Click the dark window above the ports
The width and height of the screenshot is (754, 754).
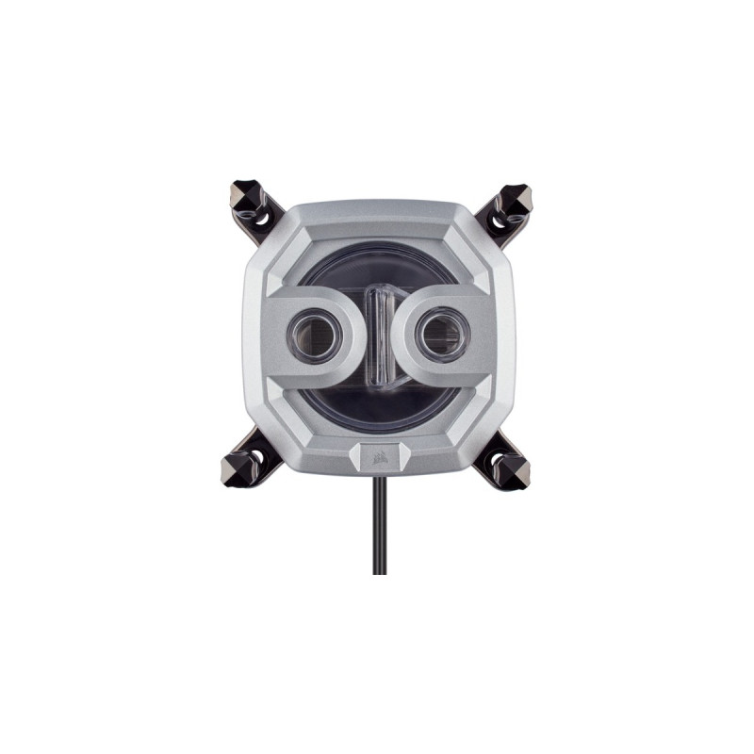pos(376,269)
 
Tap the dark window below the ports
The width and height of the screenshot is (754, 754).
pos(376,401)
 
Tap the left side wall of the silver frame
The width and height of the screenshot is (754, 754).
pos(253,335)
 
